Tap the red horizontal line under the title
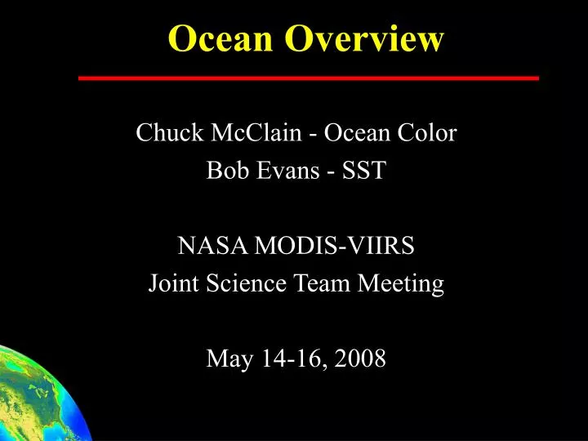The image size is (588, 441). pos(308,78)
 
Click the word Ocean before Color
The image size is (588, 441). pos(356,132)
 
